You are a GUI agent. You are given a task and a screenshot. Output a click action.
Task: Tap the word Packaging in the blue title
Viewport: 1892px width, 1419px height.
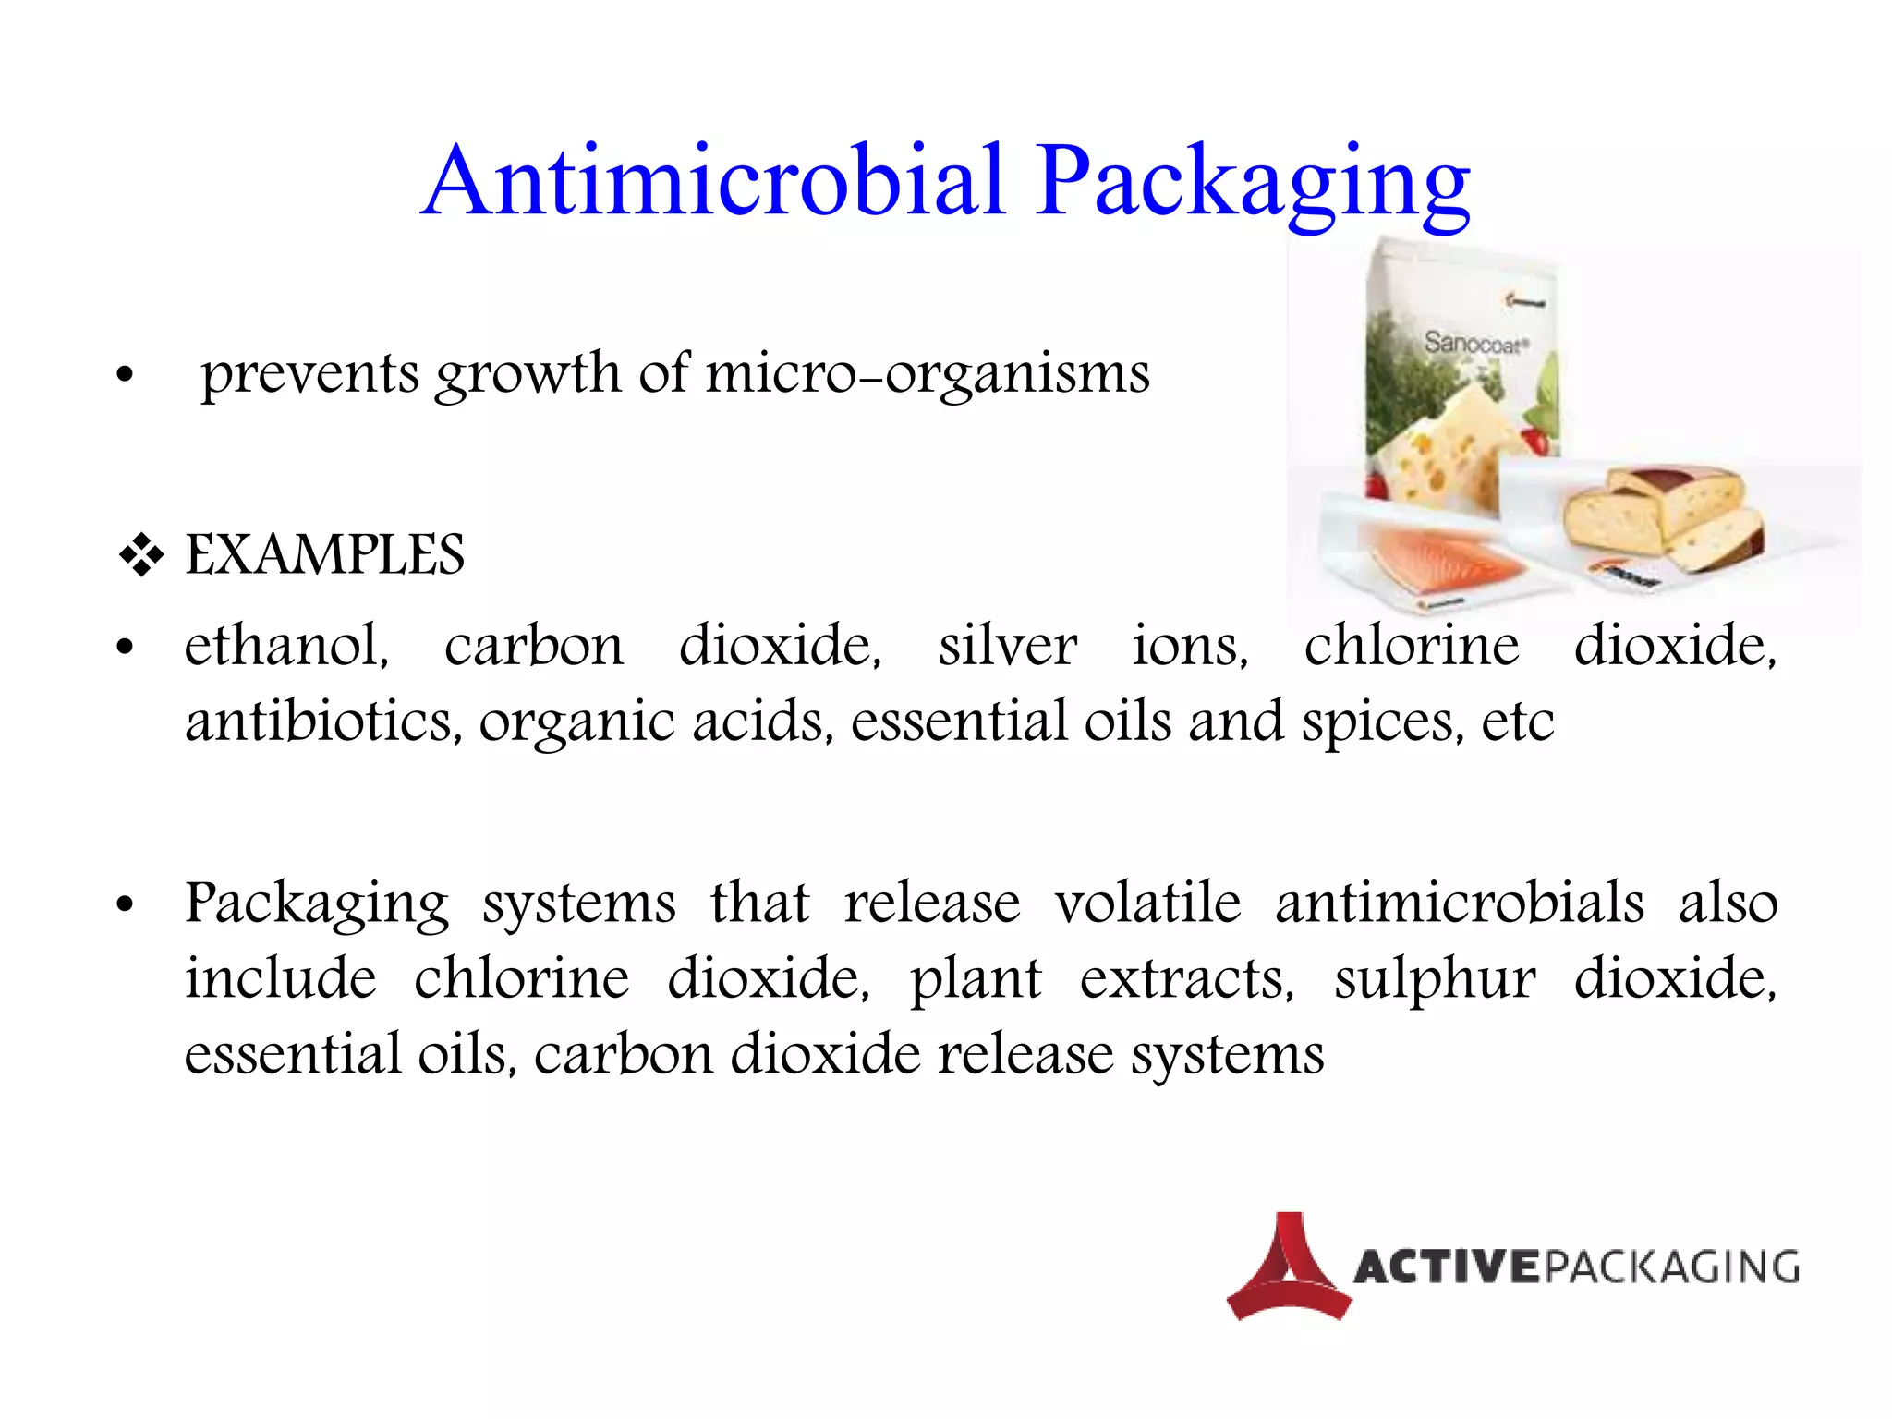click(x=1252, y=183)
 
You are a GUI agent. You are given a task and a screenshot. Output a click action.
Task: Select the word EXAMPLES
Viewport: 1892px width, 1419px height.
click(x=324, y=555)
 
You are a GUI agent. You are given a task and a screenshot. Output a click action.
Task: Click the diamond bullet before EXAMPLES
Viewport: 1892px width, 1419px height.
click(x=141, y=555)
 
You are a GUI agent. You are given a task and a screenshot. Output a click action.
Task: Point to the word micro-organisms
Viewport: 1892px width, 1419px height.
click(x=928, y=374)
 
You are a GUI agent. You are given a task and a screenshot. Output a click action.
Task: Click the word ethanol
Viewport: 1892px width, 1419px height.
click(x=286, y=645)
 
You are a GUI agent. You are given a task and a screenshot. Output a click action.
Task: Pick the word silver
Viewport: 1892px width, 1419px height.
click(x=1007, y=645)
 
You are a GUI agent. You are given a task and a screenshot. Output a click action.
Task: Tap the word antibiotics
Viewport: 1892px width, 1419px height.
click(x=323, y=721)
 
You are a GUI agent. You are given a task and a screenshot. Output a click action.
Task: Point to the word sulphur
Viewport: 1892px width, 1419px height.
click(x=1435, y=979)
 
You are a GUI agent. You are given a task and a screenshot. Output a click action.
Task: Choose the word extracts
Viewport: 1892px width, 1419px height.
click(x=1186, y=979)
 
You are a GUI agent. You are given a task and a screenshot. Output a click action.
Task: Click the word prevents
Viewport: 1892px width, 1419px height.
click(x=310, y=374)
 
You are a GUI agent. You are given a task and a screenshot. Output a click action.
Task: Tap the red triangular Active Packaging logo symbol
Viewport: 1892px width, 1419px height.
click(x=1288, y=1267)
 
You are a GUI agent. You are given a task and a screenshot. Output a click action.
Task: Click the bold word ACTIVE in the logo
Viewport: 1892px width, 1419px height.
click(x=1447, y=1267)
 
